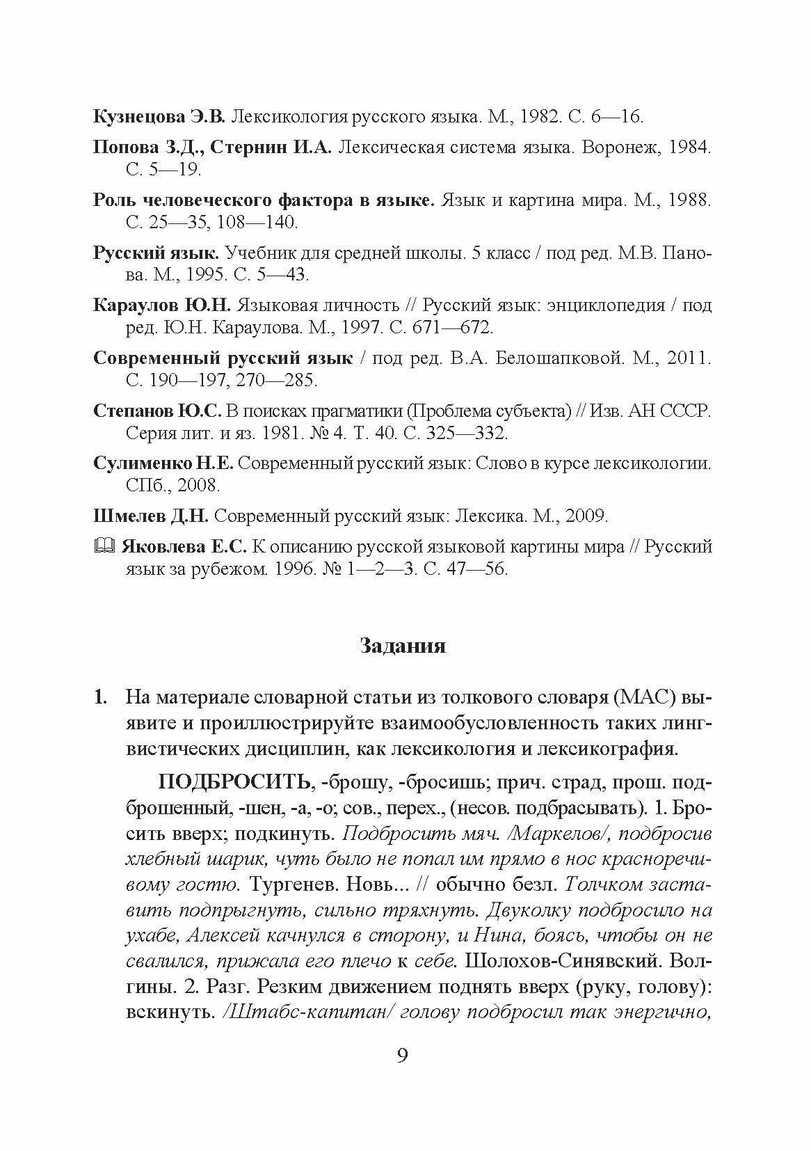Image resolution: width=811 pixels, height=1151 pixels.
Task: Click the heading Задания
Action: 403,646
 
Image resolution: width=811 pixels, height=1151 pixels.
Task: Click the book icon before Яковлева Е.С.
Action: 102,547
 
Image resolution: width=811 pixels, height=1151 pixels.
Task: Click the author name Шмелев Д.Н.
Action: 150,516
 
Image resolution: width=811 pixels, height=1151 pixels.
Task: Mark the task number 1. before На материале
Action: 101,697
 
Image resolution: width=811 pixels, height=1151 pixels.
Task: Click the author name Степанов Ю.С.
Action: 156,411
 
